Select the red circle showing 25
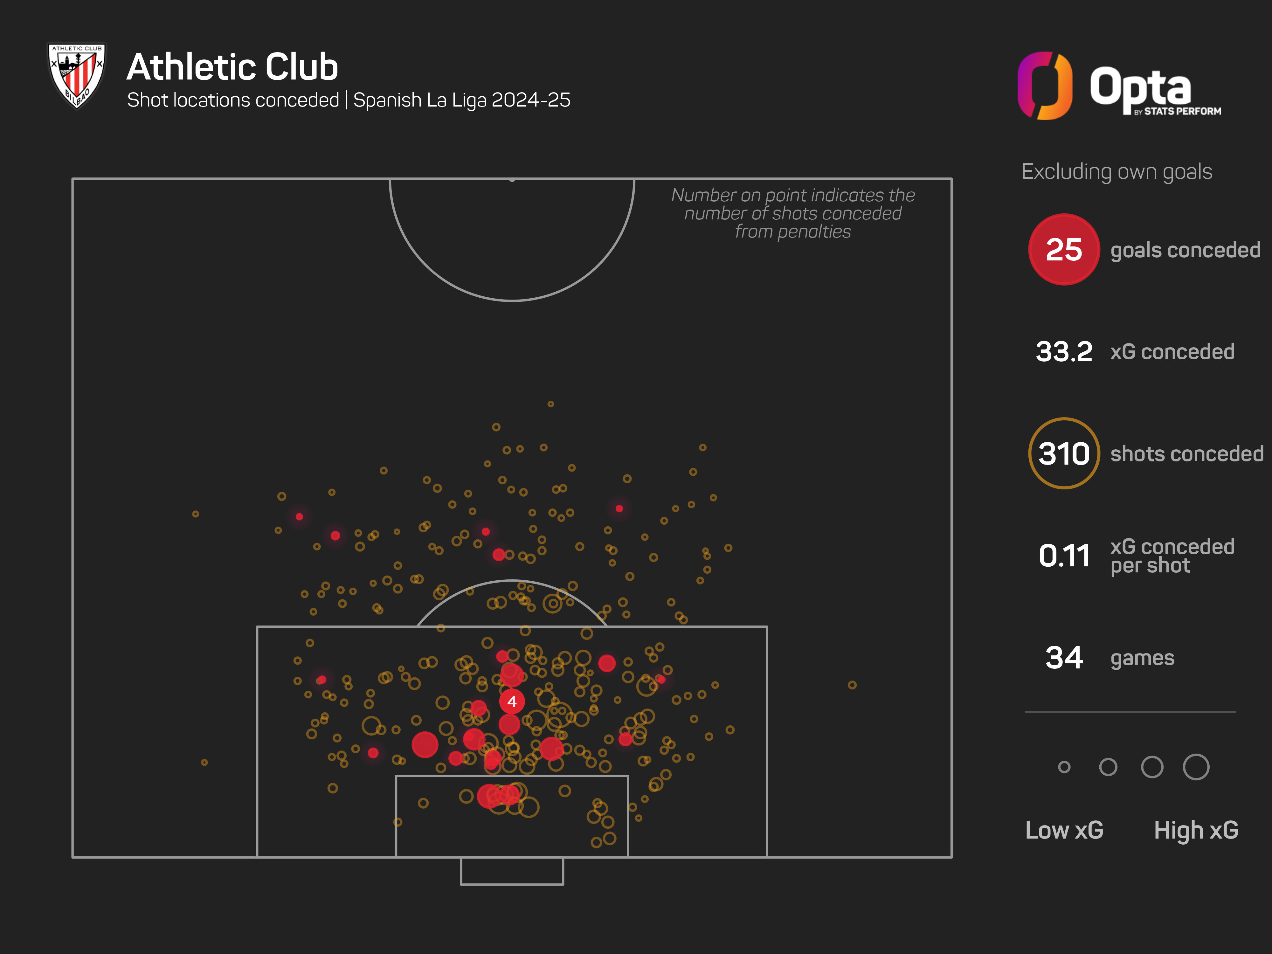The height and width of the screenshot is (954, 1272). tap(1064, 250)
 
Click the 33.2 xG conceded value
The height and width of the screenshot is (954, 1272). tap(1064, 351)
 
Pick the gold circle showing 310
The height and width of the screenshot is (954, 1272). tap(1064, 454)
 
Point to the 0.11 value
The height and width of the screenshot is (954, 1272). tap(1064, 556)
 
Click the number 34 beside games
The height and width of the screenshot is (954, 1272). tap(1064, 658)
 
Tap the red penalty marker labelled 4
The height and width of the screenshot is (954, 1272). tap(512, 702)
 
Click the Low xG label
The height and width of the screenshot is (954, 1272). tap(1064, 830)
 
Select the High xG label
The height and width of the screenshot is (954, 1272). tap(1195, 830)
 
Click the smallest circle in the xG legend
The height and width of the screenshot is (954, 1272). tap(1064, 767)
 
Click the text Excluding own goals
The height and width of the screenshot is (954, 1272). tap(1117, 171)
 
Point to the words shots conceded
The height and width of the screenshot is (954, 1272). tap(1187, 454)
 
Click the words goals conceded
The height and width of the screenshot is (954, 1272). tap(1185, 250)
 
